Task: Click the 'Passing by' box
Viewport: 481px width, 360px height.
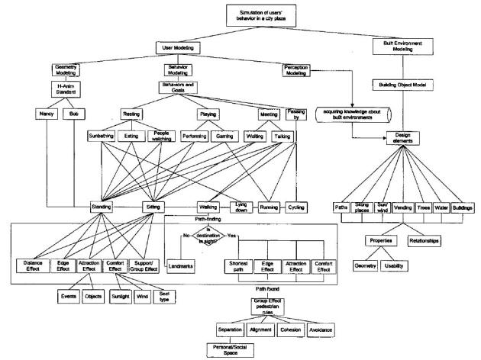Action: pyautogui.click(x=293, y=116)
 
